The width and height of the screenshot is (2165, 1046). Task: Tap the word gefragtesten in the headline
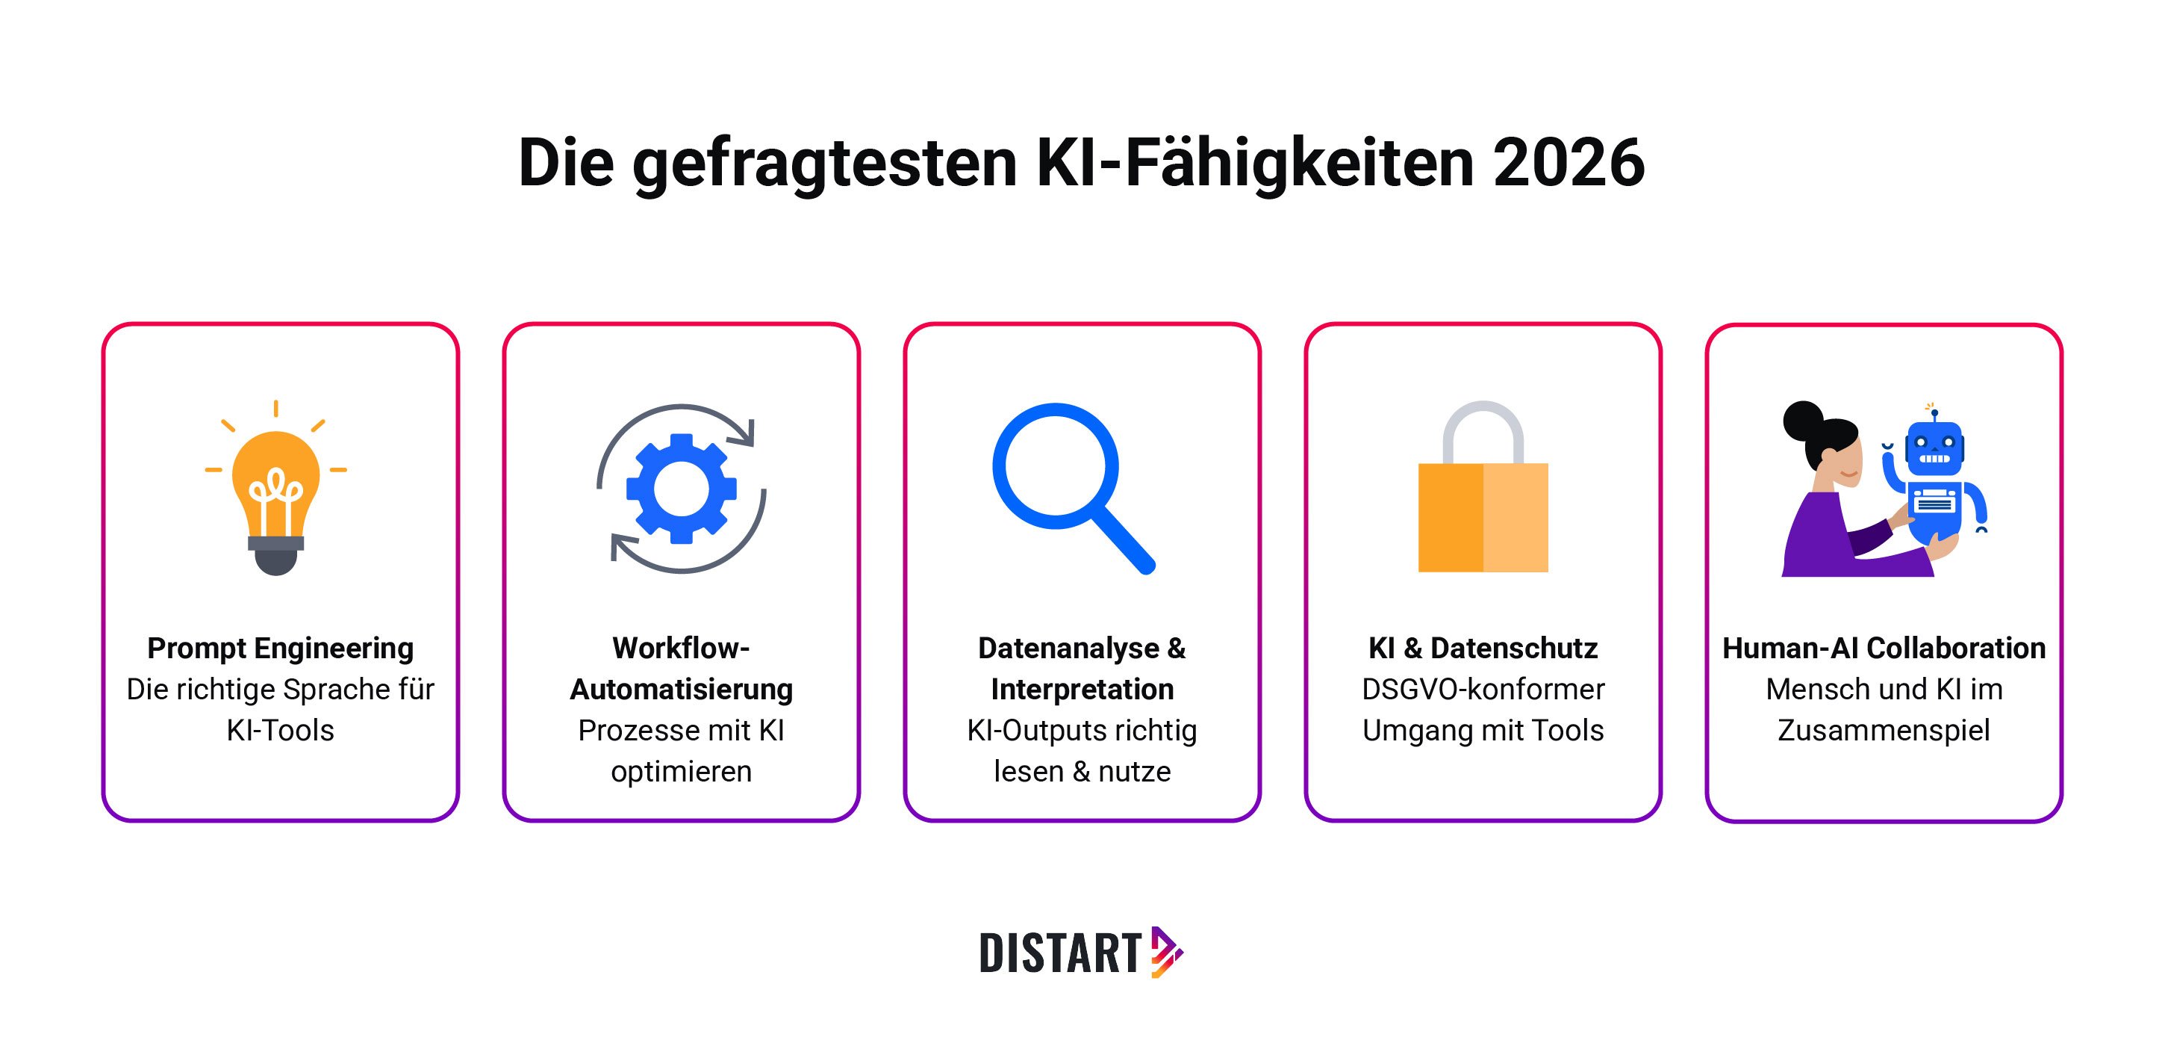824,164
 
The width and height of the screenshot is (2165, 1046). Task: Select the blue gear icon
681,489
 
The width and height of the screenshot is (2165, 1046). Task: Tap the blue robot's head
1934,449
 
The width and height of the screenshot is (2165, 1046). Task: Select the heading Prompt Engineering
280,649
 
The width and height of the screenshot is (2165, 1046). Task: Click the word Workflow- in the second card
681,649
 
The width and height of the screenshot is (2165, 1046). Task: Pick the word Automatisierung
681,690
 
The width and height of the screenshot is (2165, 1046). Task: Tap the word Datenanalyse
1068,649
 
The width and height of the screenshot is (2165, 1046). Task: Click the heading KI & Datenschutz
1483,649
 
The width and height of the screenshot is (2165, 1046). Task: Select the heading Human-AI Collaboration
1884,649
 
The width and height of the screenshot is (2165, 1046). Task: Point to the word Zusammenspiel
1884,730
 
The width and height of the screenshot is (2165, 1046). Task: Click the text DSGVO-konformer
1483,690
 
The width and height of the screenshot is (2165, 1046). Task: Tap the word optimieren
681,771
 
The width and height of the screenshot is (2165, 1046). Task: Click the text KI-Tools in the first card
280,730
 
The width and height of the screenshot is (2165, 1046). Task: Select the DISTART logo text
1060,953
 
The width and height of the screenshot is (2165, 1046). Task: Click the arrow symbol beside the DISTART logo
1165,953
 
